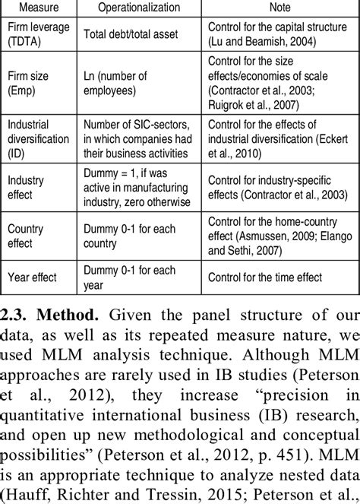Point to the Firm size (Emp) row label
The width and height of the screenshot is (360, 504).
tap(28, 84)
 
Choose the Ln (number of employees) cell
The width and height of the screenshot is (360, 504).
tap(122, 84)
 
